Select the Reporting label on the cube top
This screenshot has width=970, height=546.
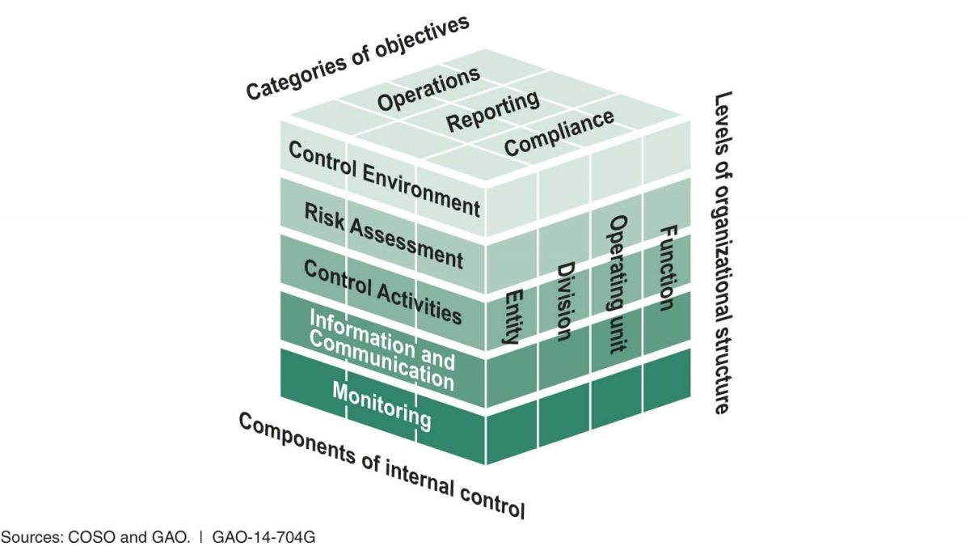(493, 112)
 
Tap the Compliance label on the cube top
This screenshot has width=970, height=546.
(559, 133)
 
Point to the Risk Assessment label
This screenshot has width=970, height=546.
(384, 235)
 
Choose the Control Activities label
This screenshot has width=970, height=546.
(383, 290)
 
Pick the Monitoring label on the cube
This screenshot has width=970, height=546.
(382, 405)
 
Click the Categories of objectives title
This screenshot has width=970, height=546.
(357, 57)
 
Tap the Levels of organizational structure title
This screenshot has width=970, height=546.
(722, 253)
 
